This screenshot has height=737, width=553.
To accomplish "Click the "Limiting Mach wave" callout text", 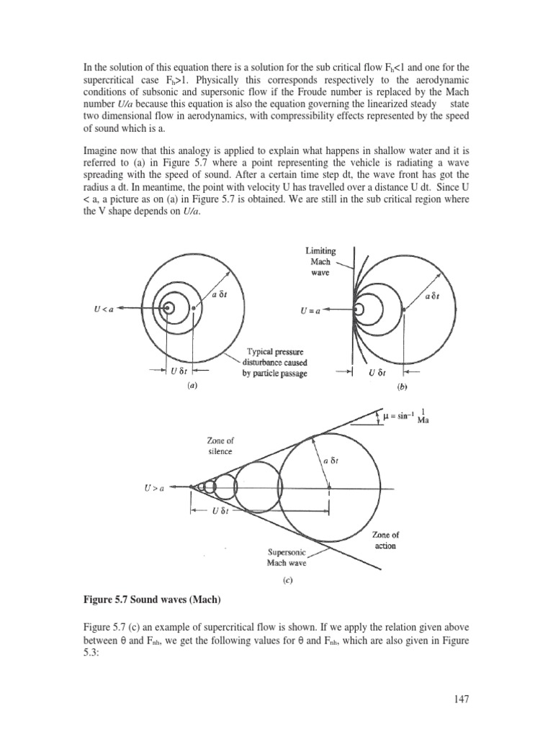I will click(321, 262).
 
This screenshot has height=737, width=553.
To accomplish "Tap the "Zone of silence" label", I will click(220, 446).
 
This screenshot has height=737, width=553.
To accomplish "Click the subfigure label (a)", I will click(192, 386).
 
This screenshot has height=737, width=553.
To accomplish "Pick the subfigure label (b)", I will click(403, 386).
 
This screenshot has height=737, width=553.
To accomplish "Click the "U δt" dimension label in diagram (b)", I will click(377, 373).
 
